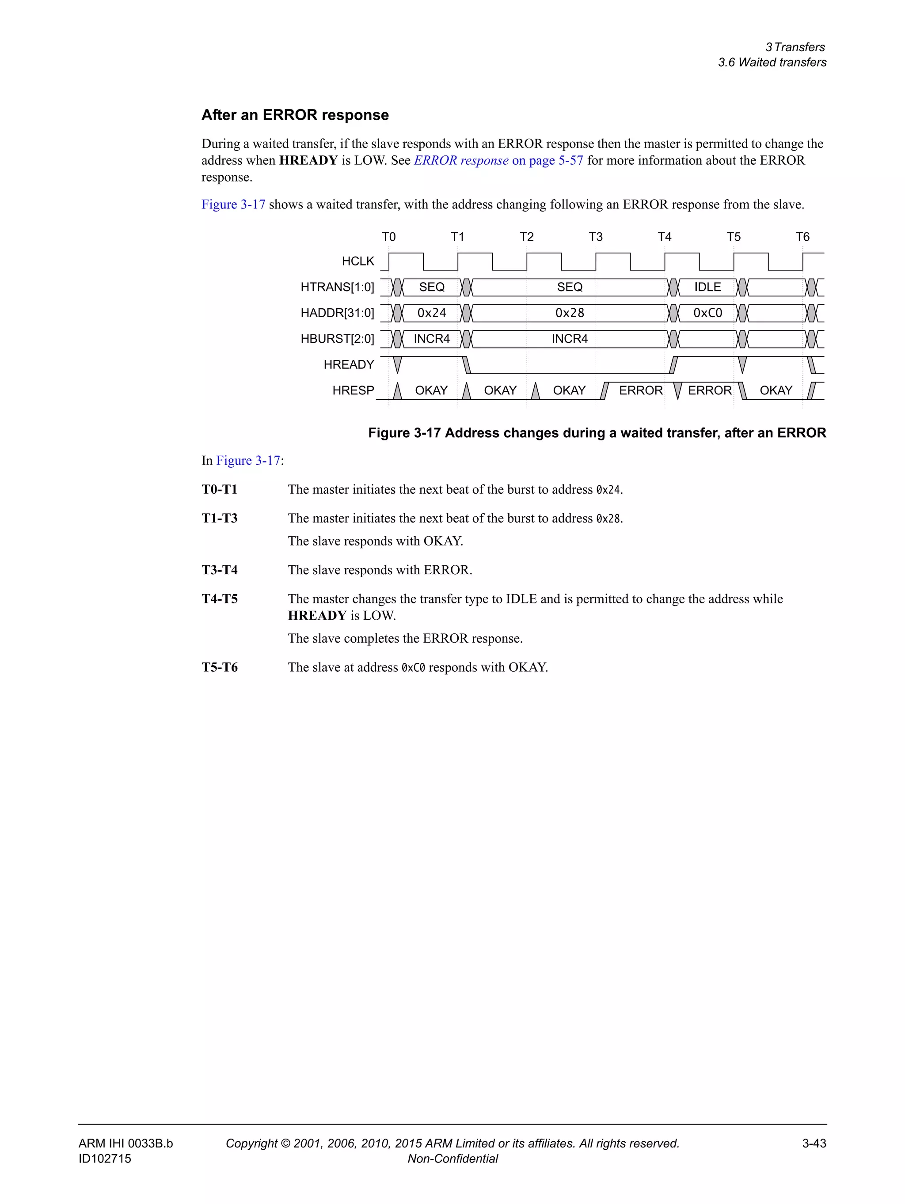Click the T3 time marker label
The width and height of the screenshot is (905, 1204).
(595, 237)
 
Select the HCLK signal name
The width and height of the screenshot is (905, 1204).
(358, 261)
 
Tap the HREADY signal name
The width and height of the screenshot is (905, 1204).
(349, 365)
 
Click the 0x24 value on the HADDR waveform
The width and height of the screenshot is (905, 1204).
(431, 313)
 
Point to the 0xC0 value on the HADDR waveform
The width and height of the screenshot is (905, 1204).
(707, 313)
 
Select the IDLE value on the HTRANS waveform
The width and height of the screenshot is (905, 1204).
(707, 287)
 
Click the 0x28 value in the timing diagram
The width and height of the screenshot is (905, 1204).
(570, 313)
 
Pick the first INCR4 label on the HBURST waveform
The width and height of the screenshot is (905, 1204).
(431, 339)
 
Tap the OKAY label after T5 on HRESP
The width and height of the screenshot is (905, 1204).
(776, 390)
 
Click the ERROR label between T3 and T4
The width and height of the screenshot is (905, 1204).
(640, 390)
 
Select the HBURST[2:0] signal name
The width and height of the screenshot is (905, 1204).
(337, 339)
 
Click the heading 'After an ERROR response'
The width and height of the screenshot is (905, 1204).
(295, 115)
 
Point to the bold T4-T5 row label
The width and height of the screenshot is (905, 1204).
(220, 599)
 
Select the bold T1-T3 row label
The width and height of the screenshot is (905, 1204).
(220, 518)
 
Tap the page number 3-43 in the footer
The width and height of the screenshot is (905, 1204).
(814, 1143)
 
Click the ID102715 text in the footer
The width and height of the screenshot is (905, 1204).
(105, 1158)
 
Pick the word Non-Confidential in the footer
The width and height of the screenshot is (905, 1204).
(452, 1158)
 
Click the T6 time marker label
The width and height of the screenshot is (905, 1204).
(802, 237)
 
